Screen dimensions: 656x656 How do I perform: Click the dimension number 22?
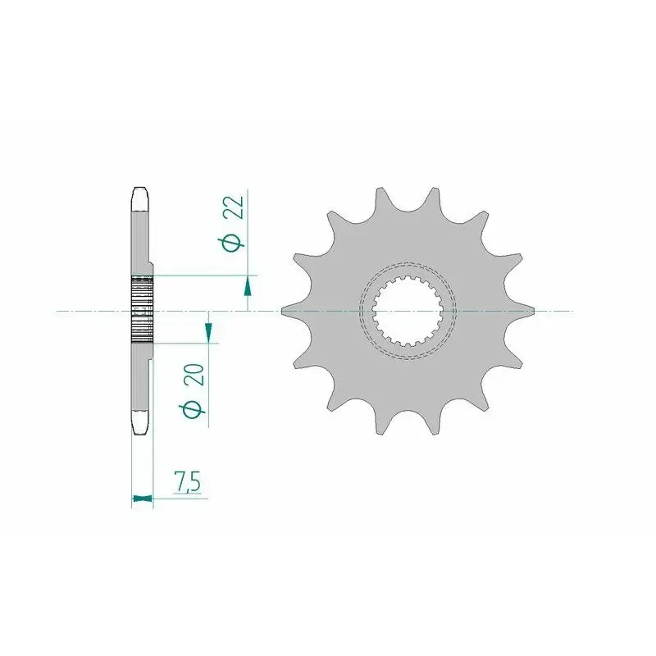tap(235, 207)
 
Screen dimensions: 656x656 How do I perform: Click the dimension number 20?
tap(197, 375)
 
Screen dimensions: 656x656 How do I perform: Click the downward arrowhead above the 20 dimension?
tap(209, 333)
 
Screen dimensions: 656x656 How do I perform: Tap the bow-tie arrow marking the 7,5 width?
tap(143, 498)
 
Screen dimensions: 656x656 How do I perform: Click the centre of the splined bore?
tap(408, 311)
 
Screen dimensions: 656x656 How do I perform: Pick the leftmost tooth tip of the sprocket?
tap(282, 311)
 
